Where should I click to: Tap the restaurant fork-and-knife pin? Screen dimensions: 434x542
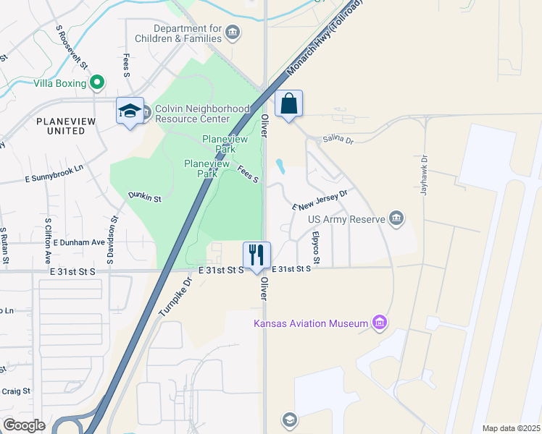pyautogui.click(x=257, y=255)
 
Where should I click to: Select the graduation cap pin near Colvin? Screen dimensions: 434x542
pyautogui.click(x=130, y=111)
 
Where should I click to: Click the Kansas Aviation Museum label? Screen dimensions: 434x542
pyautogui.click(x=311, y=323)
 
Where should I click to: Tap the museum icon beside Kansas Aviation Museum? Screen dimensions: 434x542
pyautogui.click(x=378, y=323)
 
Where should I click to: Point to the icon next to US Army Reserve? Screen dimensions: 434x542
pyautogui.click(x=396, y=218)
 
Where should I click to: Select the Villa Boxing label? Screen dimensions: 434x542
pyautogui.click(x=60, y=83)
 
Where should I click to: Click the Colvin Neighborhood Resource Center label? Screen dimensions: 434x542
pyautogui.click(x=192, y=114)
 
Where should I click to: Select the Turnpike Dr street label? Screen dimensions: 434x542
pyautogui.click(x=173, y=297)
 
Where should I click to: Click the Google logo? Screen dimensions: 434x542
pyautogui.click(x=24, y=425)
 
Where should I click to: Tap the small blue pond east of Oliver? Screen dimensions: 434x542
pyautogui.click(x=280, y=166)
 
